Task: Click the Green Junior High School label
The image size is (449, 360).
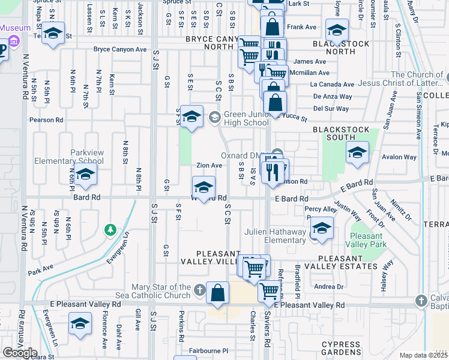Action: [x=246, y=118]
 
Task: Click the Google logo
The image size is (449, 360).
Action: [x=20, y=353]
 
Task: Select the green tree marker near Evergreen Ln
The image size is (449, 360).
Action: [x=110, y=229]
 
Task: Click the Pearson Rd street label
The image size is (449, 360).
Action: [x=46, y=120]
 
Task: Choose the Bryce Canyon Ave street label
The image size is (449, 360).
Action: [x=120, y=49]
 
